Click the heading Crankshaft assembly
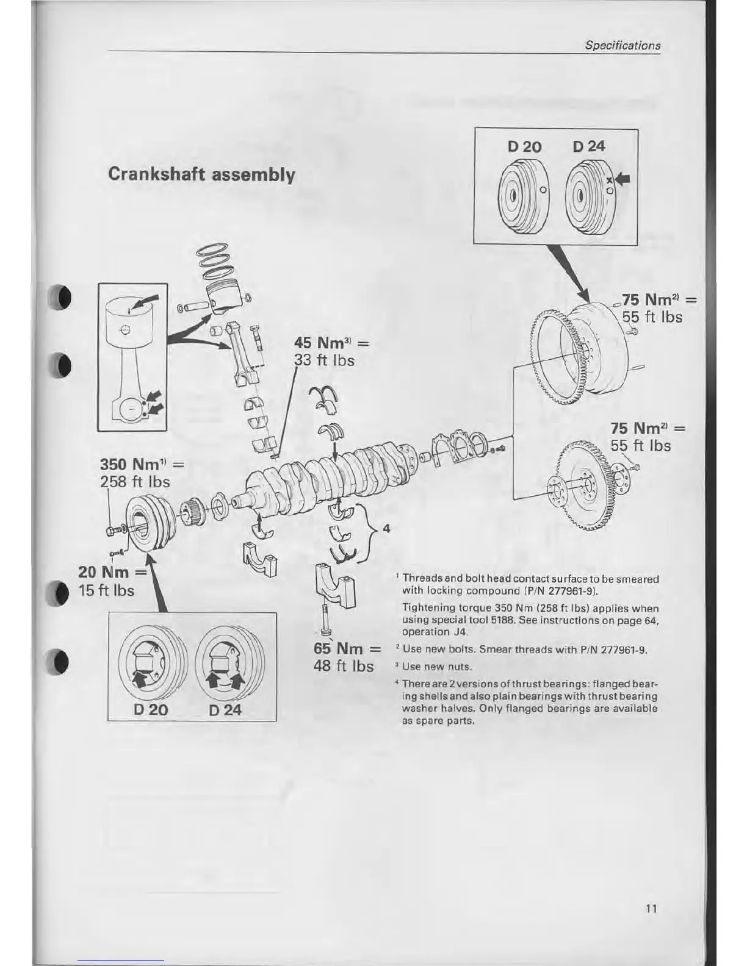[x=201, y=174]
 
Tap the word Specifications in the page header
[x=622, y=45]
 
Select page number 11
[x=651, y=908]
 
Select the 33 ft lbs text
[x=324, y=360]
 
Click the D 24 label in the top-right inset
[x=589, y=146]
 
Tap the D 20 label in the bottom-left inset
[x=150, y=709]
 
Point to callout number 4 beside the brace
[x=386, y=528]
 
